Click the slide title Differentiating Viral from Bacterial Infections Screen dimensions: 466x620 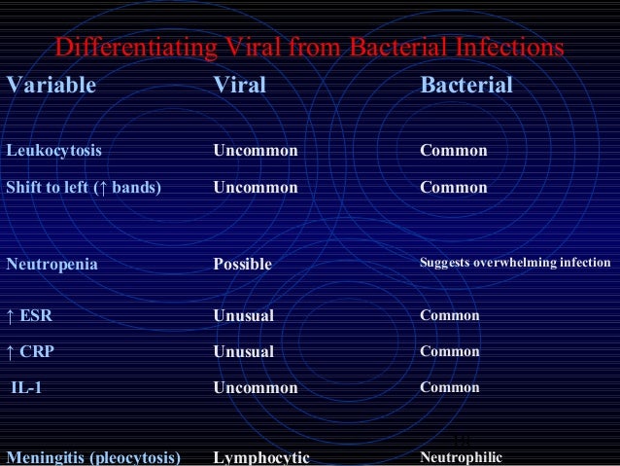[x=309, y=48]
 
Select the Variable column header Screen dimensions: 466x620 [x=52, y=86]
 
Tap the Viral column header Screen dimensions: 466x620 [x=239, y=86]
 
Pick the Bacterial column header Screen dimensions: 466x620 [x=466, y=86]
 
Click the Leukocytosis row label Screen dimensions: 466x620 [x=54, y=151]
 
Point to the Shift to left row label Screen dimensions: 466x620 [x=83, y=187]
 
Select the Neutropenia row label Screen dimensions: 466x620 [x=52, y=263]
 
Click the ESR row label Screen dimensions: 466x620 [x=30, y=316]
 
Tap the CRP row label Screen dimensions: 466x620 [x=30, y=351]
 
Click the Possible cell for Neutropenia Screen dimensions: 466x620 [x=243, y=264]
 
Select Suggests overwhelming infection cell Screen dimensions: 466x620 [x=515, y=263]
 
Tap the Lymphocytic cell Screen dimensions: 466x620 [x=261, y=456]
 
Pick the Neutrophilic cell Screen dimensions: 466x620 [x=461, y=455]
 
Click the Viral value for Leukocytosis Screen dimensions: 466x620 [x=256, y=151]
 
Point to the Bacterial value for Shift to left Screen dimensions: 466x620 [x=453, y=187]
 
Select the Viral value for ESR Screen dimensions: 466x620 [x=244, y=316]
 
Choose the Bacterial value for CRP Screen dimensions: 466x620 [x=449, y=351]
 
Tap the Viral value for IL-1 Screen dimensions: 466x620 [x=256, y=387]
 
